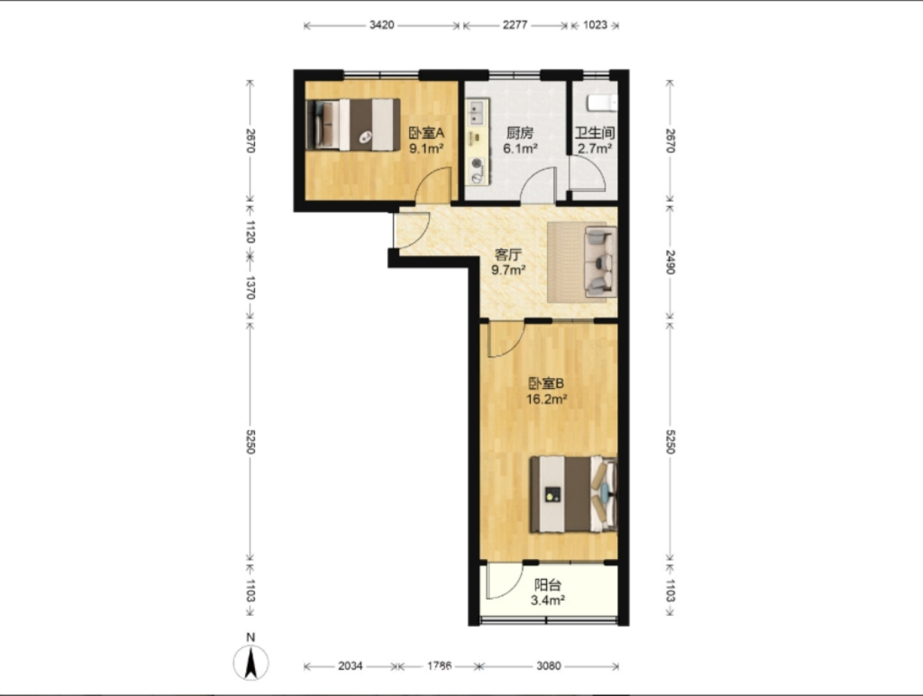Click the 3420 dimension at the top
tap(382, 25)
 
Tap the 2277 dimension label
tap(515, 25)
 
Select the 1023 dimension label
tap(595, 25)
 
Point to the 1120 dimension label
tap(250, 232)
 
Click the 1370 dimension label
tap(250, 287)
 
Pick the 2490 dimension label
tap(670, 262)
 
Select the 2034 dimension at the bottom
tap(350, 666)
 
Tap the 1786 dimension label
tap(440, 666)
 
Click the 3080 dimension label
tap(549, 666)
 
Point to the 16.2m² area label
tap(547, 399)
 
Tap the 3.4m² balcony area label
tap(548, 600)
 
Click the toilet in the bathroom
tap(602, 103)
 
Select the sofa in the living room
tap(601, 261)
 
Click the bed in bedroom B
tap(573, 495)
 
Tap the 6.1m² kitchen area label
tap(520, 149)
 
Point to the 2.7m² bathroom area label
tap(595, 149)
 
